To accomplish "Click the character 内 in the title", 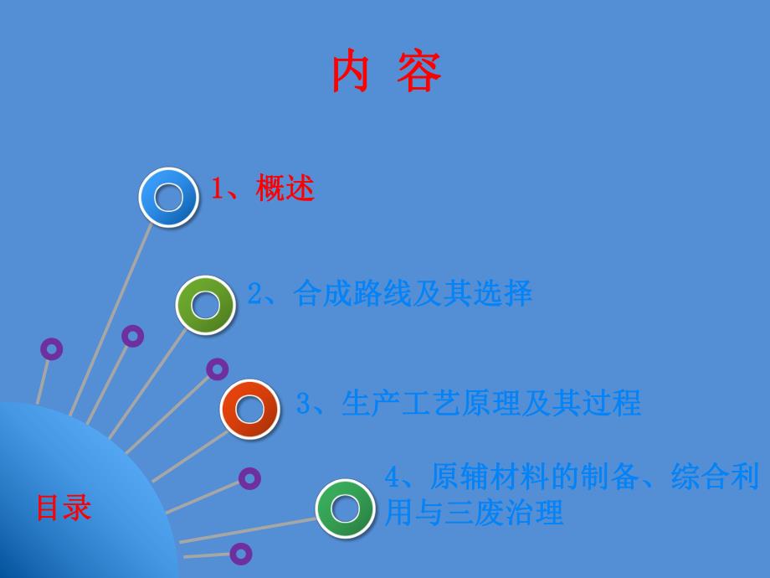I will (352, 73).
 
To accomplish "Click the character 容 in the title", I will (419, 73).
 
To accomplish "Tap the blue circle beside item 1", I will (169, 198).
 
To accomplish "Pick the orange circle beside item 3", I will (249, 409).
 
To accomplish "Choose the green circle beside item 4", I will (345, 508).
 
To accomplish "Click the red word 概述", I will (285, 189).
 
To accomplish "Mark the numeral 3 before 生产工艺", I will (304, 405).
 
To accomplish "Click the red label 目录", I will (63, 508).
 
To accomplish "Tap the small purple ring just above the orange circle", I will (218, 369).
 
